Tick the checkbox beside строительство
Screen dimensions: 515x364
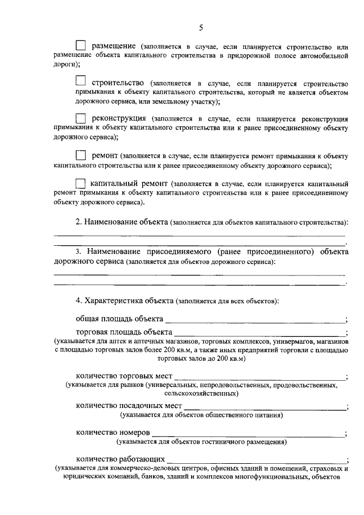click(x=81, y=81)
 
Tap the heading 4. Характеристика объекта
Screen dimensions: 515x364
click(x=125, y=299)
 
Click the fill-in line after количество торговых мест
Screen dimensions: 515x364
click(x=259, y=378)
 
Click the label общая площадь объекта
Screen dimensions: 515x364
click(x=120, y=319)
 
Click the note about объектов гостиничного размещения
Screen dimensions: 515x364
click(x=201, y=442)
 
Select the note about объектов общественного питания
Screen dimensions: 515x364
click(x=201, y=415)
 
